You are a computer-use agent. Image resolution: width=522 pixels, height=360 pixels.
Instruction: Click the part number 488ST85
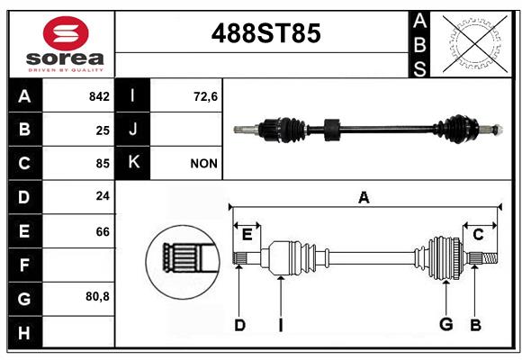pyautogui.click(x=265, y=34)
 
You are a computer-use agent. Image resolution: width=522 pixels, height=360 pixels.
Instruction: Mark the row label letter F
pyautogui.click(x=24, y=265)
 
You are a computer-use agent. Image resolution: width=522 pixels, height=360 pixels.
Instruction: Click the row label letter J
pyautogui.click(x=133, y=130)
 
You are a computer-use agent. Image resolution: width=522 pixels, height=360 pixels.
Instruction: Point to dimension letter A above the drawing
pyautogui.click(x=364, y=197)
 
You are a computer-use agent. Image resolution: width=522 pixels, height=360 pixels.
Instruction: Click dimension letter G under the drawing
pyautogui.click(x=445, y=325)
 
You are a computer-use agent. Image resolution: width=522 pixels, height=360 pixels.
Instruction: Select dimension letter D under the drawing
pyautogui.click(x=239, y=325)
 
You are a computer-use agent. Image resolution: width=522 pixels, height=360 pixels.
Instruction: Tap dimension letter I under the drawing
pyautogui.click(x=280, y=325)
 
